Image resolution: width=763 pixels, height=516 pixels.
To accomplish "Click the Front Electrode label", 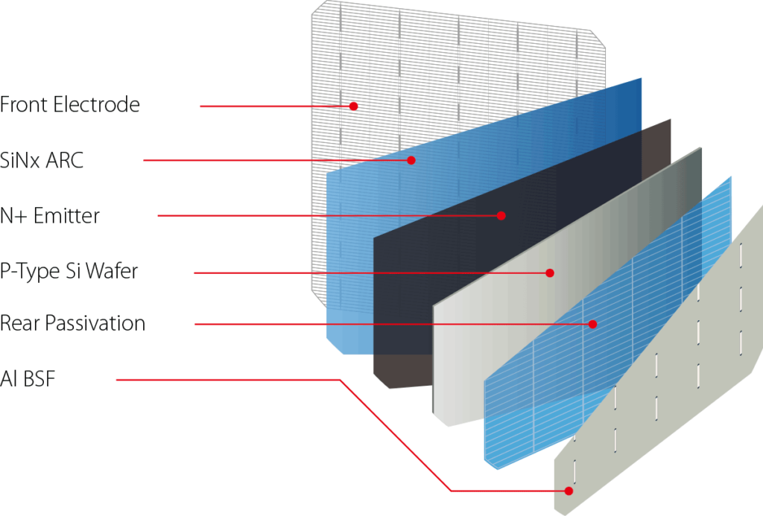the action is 70,104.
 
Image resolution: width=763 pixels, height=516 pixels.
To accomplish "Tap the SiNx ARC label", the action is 42,160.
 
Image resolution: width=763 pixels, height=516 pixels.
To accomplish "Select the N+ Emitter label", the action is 50,215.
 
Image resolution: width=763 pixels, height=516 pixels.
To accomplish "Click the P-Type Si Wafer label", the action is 69,271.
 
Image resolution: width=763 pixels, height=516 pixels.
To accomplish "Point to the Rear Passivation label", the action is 72,323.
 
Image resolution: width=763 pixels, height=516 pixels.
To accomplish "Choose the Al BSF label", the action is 28,379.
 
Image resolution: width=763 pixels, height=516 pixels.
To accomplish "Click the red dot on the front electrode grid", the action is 354,106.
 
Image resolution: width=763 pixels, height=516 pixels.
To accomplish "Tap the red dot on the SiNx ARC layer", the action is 411,160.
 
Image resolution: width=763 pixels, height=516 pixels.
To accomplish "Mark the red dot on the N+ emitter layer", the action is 501,215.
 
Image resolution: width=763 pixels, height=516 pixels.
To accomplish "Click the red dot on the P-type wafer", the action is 550,273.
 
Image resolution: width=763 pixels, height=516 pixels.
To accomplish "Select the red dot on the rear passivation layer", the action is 592,324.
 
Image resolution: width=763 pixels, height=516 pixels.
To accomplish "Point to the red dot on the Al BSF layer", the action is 569,491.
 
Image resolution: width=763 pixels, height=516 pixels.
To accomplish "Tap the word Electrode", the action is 97,104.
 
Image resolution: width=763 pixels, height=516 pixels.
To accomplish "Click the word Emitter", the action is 66,215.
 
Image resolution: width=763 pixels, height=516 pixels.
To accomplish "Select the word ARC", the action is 64,160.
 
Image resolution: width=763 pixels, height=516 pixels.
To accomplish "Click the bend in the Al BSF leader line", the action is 340,380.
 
